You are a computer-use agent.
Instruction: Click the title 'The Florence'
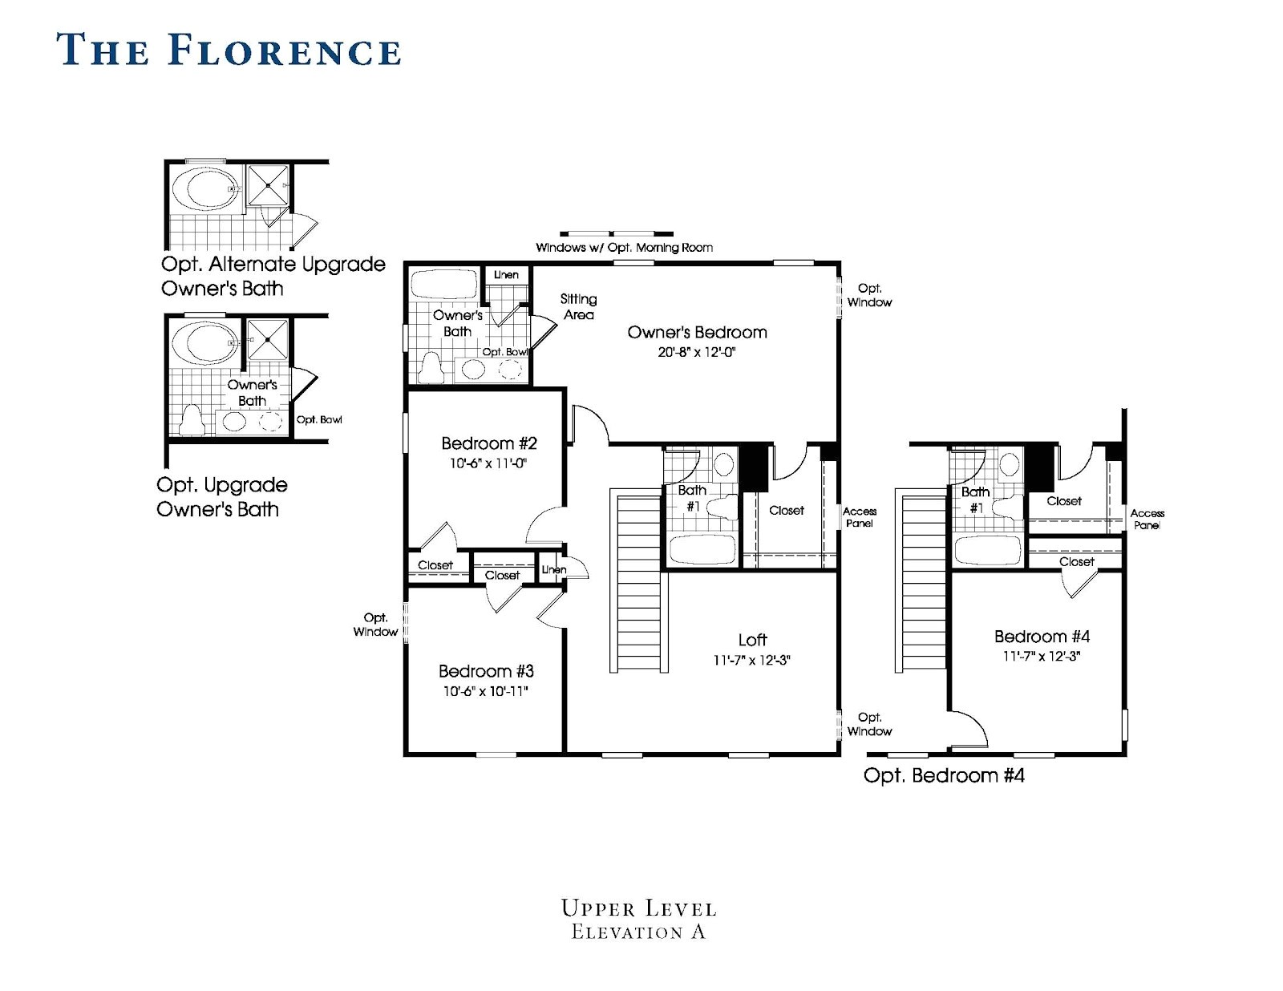(229, 50)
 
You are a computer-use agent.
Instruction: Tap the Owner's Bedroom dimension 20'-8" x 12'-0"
(696, 352)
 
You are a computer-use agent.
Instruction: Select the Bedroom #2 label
(489, 443)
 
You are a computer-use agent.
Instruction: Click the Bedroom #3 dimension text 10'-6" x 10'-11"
(486, 691)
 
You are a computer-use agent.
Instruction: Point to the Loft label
(752, 640)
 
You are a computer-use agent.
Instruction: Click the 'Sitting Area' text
(578, 306)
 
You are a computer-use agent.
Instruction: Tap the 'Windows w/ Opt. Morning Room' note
(624, 248)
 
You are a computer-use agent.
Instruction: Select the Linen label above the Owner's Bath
(506, 275)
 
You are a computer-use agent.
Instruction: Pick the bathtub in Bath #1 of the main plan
(702, 550)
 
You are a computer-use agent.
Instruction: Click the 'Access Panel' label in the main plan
(860, 517)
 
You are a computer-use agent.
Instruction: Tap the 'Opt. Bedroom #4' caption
(944, 775)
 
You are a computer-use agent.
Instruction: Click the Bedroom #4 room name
(1042, 637)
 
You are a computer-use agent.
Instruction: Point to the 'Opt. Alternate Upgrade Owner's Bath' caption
(273, 276)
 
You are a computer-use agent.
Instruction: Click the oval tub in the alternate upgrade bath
(205, 188)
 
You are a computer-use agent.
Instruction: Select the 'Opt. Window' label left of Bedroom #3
(375, 625)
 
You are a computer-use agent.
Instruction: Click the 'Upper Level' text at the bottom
(639, 908)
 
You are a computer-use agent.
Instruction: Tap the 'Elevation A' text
(638, 932)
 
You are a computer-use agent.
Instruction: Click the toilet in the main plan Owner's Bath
(432, 368)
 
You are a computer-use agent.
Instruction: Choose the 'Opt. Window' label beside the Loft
(869, 724)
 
